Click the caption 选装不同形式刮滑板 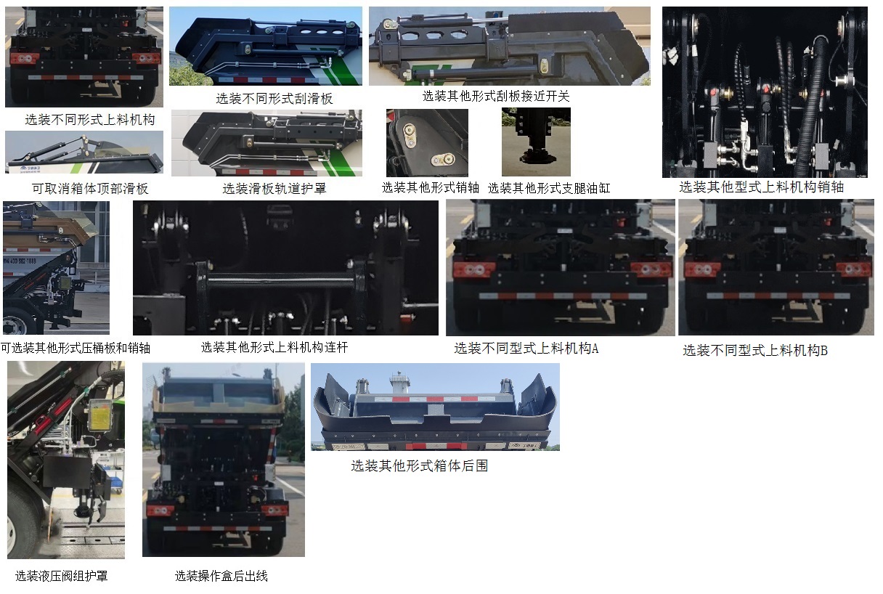pos(274,98)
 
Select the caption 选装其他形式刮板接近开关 pos(496,96)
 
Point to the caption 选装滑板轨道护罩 pos(274,189)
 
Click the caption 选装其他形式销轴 pos(430,187)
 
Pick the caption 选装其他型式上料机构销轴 pos(761,187)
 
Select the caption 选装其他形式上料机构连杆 pos(274,347)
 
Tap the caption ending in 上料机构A pos(526,349)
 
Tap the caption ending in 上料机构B pos(754,350)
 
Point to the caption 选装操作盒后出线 pos(221,576)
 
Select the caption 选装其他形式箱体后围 pos(419,465)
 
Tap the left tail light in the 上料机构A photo pos(473,269)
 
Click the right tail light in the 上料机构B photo pos(853,269)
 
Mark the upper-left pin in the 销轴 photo pos(410,130)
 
